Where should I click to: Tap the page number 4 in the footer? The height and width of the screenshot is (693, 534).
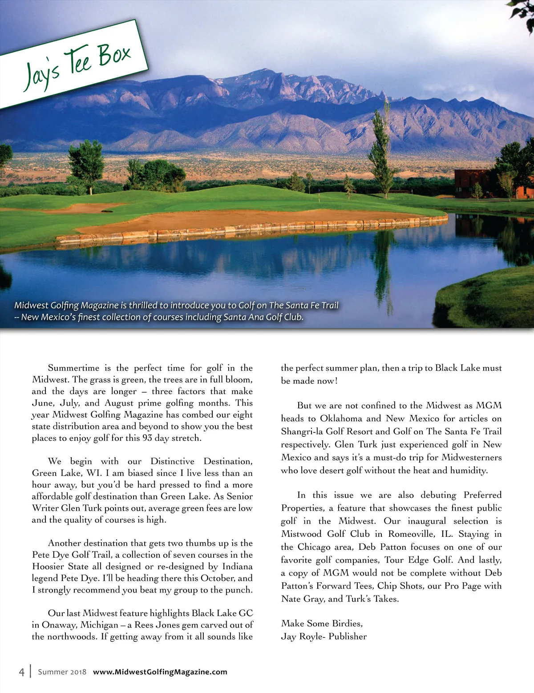[21, 672]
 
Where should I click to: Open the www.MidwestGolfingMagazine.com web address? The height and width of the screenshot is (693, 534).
[160, 672]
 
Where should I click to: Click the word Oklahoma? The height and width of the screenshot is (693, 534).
[341, 418]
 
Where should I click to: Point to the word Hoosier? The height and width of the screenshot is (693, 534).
[48, 566]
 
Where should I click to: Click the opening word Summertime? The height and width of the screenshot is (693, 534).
[73, 368]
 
